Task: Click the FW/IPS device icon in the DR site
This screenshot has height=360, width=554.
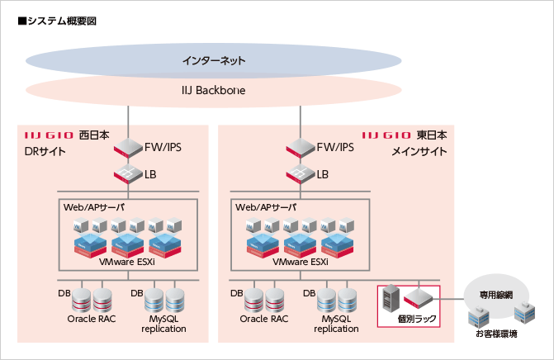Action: point(129,148)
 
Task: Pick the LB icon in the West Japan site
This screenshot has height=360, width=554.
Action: point(129,174)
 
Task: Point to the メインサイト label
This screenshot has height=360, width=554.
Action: point(419,151)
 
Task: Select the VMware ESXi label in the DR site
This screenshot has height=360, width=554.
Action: point(128,261)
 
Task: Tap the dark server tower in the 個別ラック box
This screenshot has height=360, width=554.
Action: point(394,298)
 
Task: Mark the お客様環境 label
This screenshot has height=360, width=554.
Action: point(496,334)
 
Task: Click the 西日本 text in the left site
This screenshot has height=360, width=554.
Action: point(88,135)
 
